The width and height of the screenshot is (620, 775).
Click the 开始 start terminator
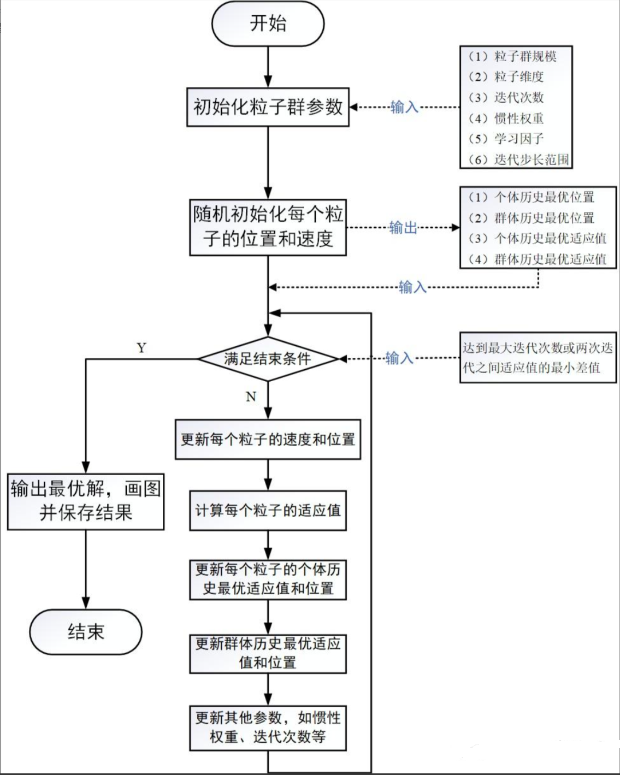[x=268, y=24]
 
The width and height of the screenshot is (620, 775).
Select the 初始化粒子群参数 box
[x=268, y=107]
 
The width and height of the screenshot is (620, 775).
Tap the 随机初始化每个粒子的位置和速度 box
[x=268, y=227]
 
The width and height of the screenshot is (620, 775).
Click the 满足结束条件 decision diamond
[x=268, y=359]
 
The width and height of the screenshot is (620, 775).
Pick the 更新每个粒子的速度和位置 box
[x=268, y=439]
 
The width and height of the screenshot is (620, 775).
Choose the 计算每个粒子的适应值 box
[x=268, y=511]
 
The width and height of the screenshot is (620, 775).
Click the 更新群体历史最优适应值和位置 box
[x=268, y=653]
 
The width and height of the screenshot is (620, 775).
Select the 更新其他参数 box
[x=268, y=727]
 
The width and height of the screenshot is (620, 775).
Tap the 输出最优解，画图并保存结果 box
[x=86, y=501]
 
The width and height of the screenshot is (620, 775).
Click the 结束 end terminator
[x=86, y=632]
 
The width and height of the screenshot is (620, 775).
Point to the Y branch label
[x=141, y=348]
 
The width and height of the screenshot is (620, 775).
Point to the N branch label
[x=251, y=397]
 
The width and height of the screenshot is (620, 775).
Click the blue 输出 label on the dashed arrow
[x=403, y=227]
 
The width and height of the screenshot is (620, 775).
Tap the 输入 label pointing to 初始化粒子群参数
[x=404, y=107]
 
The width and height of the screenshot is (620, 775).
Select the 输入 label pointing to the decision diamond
[x=399, y=358]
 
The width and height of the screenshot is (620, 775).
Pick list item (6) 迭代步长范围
[x=518, y=159]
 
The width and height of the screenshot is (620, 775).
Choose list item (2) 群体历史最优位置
[x=531, y=218]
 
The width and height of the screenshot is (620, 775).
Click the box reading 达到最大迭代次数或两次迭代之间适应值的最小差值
[x=538, y=358]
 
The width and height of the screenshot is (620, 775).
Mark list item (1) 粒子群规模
[x=512, y=56]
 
